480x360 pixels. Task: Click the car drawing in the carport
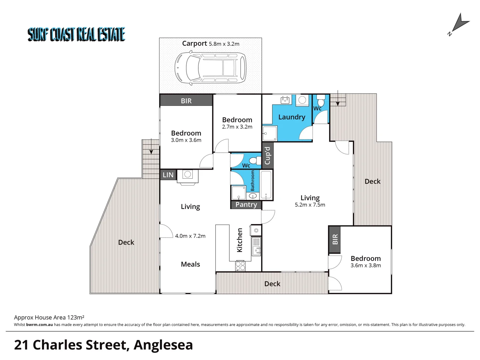[x=210, y=68]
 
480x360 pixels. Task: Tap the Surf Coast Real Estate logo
[x=76, y=34]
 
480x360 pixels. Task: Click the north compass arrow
[x=459, y=24]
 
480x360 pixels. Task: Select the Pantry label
[x=246, y=205]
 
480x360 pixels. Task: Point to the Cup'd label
[x=267, y=156]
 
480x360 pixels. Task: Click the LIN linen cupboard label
[x=168, y=175]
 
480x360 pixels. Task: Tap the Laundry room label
[x=292, y=117]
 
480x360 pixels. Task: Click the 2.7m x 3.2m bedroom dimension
[x=237, y=127]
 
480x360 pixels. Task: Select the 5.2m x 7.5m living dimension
[x=310, y=205]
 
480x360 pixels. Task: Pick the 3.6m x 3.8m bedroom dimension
[x=365, y=266]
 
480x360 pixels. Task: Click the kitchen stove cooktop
[x=240, y=266]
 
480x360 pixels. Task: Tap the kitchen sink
[x=256, y=246]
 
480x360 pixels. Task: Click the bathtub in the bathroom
[x=266, y=185]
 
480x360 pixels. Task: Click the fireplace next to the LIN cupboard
[x=187, y=176]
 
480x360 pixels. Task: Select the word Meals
[x=190, y=264]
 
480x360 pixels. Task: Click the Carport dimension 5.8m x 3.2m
[x=224, y=44]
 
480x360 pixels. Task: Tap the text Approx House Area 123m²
[x=49, y=318]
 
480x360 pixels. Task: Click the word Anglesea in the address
[x=163, y=345]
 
